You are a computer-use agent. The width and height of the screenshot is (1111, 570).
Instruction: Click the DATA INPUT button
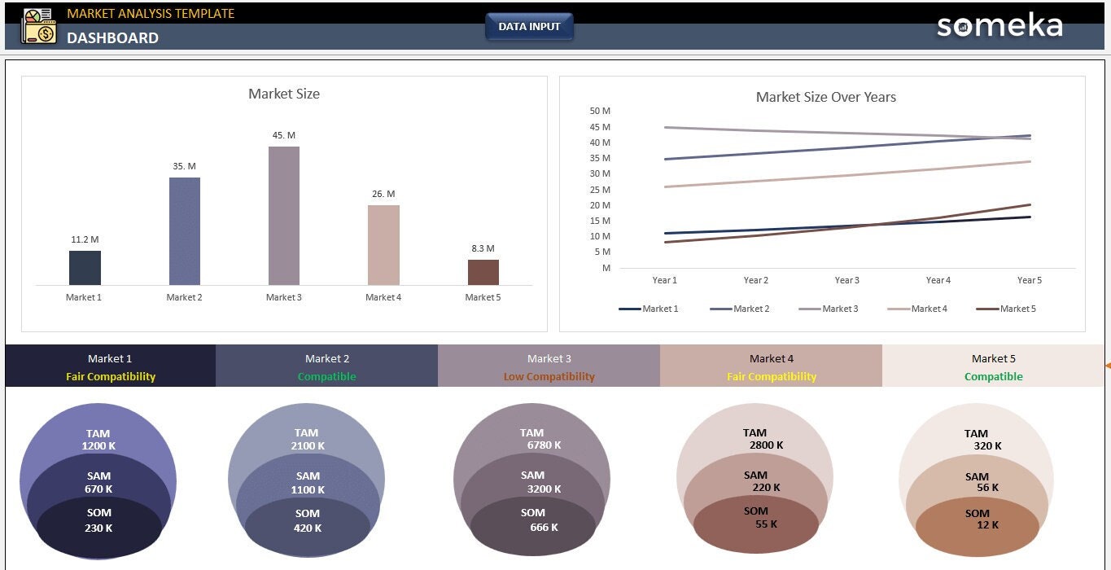click(x=529, y=27)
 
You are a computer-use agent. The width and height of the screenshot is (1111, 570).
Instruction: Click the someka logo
click(x=999, y=26)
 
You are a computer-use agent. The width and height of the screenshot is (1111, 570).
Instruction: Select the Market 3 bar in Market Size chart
click(x=284, y=216)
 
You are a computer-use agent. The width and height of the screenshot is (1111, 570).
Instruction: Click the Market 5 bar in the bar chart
click(x=483, y=272)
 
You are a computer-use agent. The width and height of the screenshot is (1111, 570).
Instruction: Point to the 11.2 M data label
click(x=85, y=239)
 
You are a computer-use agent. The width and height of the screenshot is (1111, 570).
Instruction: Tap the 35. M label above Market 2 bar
click(x=184, y=166)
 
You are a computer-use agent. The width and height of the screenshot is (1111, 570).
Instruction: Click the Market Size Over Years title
click(x=825, y=97)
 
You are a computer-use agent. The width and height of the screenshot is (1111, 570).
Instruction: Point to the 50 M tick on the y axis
click(x=600, y=111)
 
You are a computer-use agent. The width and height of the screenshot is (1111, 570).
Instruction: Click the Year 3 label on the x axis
click(x=846, y=280)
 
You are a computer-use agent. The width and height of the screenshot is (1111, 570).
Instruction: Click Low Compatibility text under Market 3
click(x=549, y=377)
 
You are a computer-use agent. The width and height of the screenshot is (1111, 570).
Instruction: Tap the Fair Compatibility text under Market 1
click(x=111, y=377)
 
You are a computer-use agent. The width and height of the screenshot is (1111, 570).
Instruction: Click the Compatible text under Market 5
click(x=993, y=377)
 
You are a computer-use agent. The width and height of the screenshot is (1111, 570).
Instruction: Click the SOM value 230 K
click(x=98, y=528)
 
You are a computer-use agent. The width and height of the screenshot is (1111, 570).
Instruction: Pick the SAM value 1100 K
click(x=308, y=489)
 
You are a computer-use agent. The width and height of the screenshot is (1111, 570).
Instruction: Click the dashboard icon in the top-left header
click(x=38, y=26)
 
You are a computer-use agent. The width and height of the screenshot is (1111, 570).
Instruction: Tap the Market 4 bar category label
click(x=383, y=297)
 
